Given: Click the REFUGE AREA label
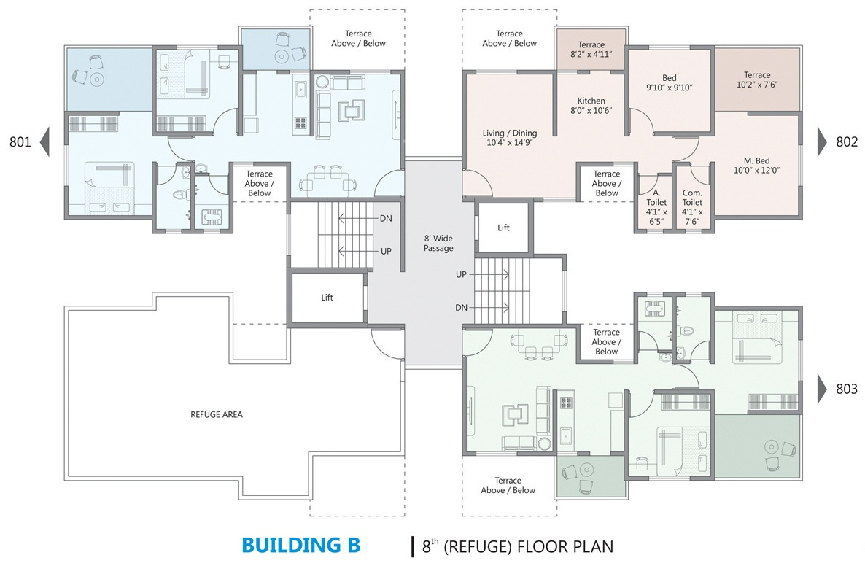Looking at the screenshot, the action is pyautogui.click(x=216, y=414).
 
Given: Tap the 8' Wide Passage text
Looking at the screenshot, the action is pyautogui.click(x=438, y=244).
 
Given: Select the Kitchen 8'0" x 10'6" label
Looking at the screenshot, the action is pyautogui.click(x=591, y=105).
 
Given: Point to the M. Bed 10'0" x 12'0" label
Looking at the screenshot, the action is pyautogui.click(x=756, y=166).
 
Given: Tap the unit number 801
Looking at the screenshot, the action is pyautogui.click(x=20, y=141).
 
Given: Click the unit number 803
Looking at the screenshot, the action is pyautogui.click(x=847, y=389).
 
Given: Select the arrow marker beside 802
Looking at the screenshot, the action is pyautogui.click(x=823, y=141).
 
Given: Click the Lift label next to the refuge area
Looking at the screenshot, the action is pyautogui.click(x=327, y=298).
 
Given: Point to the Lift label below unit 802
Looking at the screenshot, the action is pyautogui.click(x=504, y=228).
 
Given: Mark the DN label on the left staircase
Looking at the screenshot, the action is pyautogui.click(x=386, y=219).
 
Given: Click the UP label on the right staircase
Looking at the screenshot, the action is pyautogui.click(x=461, y=275).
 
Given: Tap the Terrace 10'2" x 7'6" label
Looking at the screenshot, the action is pyautogui.click(x=757, y=80).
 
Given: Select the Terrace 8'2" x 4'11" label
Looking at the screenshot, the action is pyautogui.click(x=591, y=49).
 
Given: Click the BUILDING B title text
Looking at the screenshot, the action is pyautogui.click(x=301, y=545).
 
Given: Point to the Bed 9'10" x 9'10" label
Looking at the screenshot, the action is pyautogui.click(x=669, y=82).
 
